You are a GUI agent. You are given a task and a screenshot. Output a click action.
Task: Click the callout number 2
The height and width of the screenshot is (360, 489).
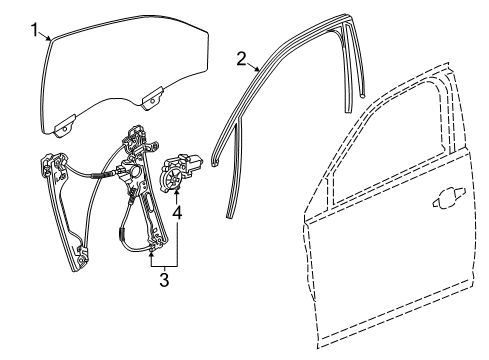pyautogui.click(x=240, y=57)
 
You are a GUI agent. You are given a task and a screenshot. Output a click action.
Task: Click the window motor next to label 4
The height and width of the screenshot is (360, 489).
pyautogui.click(x=182, y=171)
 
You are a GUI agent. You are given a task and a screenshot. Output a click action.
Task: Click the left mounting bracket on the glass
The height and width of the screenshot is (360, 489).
pyautogui.click(x=66, y=124)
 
